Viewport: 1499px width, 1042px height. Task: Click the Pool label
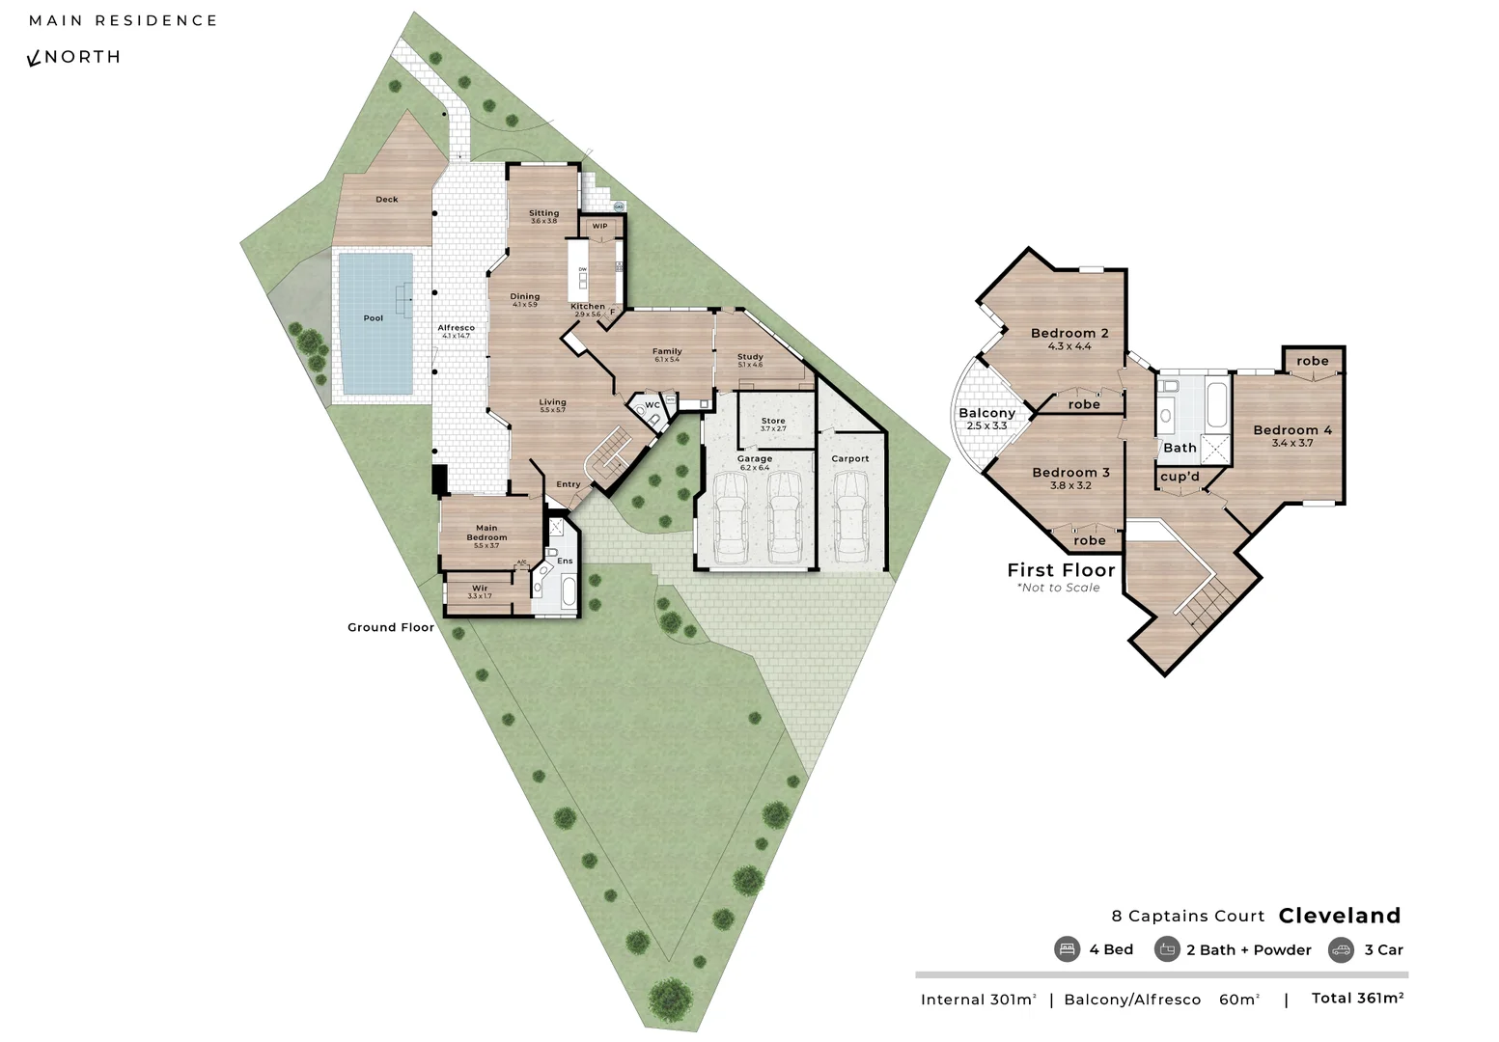[x=373, y=318]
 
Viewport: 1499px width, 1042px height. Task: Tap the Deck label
[x=386, y=200]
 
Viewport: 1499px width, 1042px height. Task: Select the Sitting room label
[x=543, y=213]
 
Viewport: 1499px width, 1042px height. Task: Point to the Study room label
[x=750, y=357]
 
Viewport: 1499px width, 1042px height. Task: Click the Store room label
[x=773, y=422]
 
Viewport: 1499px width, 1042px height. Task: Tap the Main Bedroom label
[x=486, y=533]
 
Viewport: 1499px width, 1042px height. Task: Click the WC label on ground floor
[x=652, y=405]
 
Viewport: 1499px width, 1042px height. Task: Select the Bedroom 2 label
[x=1069, y=334]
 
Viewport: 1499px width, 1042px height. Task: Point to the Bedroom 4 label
[x=1292, y=430]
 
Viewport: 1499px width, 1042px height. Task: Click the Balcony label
[x=986, y=414]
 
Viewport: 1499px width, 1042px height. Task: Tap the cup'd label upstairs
[x=1180, y=477]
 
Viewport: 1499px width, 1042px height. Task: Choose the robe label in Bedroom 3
[x=1089, y=541]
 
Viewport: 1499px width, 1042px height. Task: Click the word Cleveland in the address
[x=1339, y=916]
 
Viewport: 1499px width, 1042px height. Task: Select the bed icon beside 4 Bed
[x=1067, y=949]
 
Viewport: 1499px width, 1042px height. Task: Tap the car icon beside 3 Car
[x=1341, y=949]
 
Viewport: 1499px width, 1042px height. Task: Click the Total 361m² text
[x=1357, y=999]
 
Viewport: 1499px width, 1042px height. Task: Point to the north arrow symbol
[x=34, y=59]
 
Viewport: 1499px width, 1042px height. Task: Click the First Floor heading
[x=1061, y=570]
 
